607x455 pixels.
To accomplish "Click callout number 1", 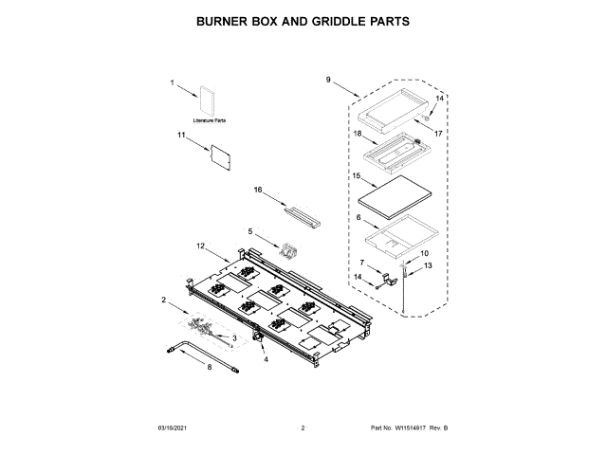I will (x=173, y=83).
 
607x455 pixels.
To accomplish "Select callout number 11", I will (x=181, y=136).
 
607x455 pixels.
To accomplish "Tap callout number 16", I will (x=257, y=190).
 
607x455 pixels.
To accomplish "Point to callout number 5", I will (x=251, y=230).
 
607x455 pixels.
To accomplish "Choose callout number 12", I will (x=201, y=246).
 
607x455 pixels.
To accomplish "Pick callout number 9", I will (x=328, y=80).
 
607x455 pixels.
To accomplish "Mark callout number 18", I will (x=358, y=135).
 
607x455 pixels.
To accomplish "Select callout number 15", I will (x=358, y=175).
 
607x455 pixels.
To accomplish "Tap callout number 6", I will (x=358, y=217).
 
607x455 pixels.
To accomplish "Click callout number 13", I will (x=427, y=266).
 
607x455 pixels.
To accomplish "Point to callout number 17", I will (x=438, y=134).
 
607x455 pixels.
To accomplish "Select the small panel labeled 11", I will (x=221, y=155).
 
